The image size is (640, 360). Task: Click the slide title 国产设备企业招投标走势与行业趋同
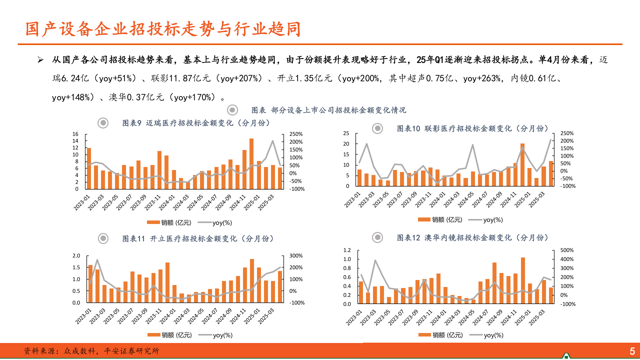(163, 29)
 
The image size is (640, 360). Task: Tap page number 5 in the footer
(632, 351)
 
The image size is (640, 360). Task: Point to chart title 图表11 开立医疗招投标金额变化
(198, 239)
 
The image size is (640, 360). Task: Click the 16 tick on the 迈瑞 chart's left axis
(75, 134)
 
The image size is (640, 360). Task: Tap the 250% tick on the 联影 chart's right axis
(567, 133)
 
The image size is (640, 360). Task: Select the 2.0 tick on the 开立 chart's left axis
(76, 256)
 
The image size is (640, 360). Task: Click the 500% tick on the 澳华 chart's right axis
(567, 250)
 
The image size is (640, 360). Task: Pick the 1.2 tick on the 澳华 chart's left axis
(347, 250)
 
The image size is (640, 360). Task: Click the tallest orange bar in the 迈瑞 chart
(251, 163)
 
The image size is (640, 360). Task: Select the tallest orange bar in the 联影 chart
(522, 164)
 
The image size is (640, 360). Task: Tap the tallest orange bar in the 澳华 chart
(523, 280)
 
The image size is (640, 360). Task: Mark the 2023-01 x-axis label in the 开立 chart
(83, 316)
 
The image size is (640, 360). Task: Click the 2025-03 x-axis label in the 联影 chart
(537, 199)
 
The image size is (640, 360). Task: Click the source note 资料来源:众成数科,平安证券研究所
(91, 351)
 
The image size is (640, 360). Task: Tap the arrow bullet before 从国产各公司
(41, 60)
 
